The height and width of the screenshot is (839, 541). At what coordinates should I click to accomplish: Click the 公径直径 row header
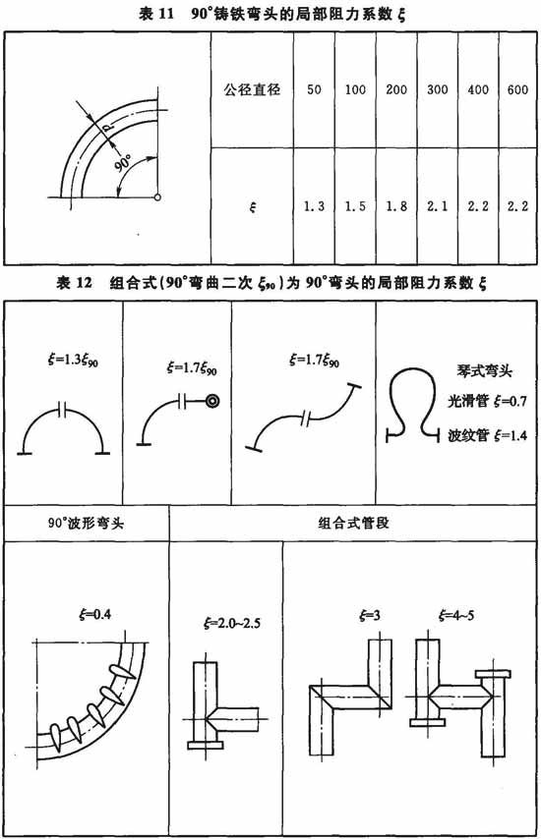(252, 88)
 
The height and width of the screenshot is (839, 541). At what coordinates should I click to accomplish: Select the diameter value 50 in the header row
(314, 89)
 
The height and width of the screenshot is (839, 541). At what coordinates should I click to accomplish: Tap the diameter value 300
(437, 89)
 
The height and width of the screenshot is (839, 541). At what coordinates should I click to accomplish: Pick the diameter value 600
(517, 89)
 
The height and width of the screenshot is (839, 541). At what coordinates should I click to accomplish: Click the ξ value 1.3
(314, 206)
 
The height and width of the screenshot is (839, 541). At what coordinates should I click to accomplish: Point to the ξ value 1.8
(396, 206)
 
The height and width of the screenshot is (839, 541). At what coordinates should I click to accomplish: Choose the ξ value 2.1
(437, 206)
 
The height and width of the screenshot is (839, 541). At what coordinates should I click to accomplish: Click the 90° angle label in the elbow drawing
(123, 163)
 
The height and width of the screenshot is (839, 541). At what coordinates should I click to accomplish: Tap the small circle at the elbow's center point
(157, 196)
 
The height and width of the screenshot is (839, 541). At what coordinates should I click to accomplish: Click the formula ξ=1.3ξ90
(73, 361)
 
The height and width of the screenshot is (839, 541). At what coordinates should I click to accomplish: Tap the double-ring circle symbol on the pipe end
(212, 400)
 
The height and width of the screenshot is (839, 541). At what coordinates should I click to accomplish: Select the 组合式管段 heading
(353, 523)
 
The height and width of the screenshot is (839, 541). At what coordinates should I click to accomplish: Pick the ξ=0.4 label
(94, 614)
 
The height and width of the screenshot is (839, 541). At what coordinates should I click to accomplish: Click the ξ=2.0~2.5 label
(232, 623)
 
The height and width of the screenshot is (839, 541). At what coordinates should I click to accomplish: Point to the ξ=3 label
(370, 615)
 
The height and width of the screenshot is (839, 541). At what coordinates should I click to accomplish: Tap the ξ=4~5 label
(455, 615)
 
